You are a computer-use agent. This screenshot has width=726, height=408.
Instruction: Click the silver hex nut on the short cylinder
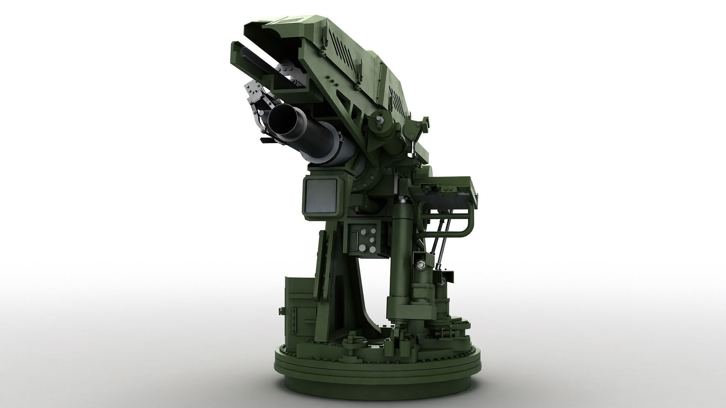point(421,264)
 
